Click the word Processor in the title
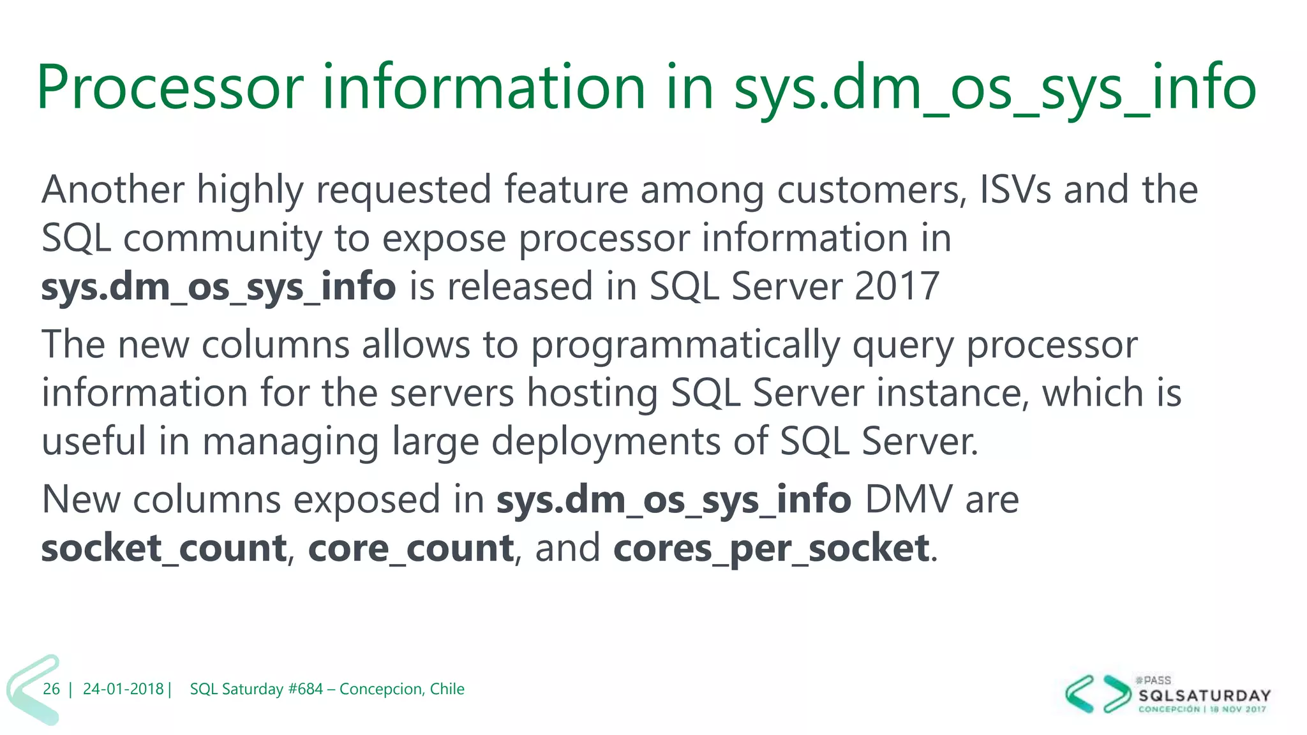point(170,88)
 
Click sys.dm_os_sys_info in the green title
point(994,88)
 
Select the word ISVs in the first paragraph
point(1015,189)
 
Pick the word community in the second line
point(223,239)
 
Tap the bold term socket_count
point(164,549)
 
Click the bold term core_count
point(411,549)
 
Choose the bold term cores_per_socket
point(771,549)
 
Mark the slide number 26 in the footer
point(51,689)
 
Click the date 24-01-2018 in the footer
point(123,689)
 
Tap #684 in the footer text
point(306,689)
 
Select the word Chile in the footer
point(447,689)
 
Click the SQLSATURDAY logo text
point(1204,695)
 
